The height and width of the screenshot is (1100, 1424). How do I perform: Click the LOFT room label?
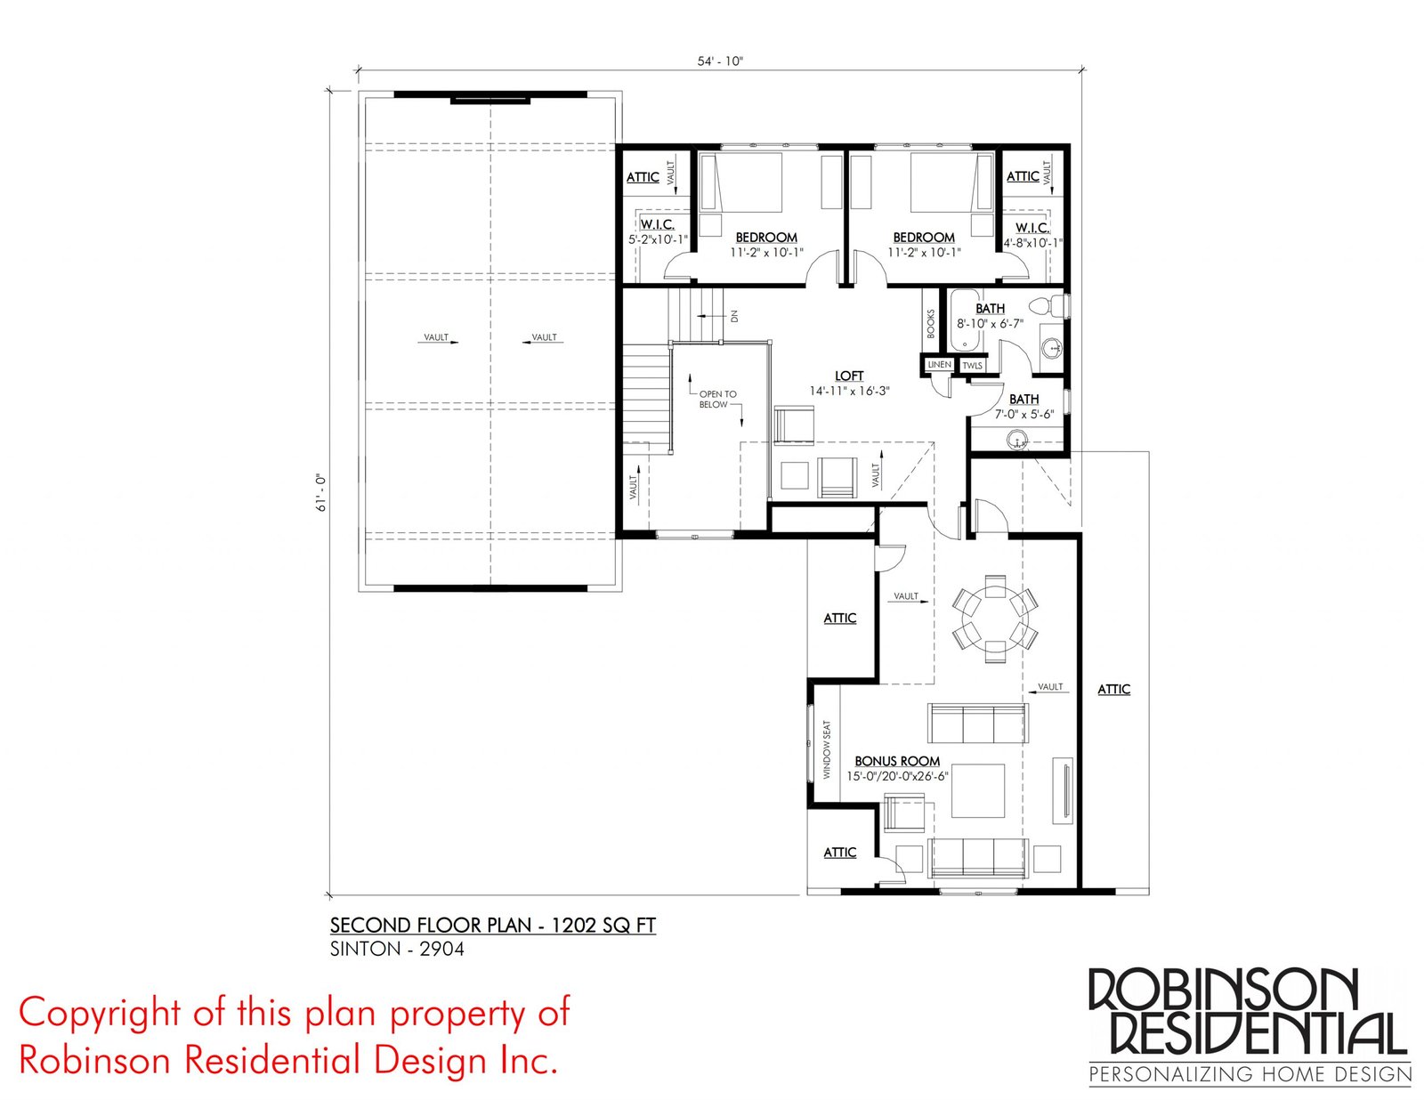849,376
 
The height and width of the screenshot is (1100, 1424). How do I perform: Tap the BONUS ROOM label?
896,761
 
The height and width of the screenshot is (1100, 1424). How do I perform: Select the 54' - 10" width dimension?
719,61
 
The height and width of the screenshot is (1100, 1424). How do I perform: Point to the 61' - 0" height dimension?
322,492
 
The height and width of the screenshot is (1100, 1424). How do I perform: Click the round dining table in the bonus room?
994,619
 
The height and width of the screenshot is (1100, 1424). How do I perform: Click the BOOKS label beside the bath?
931,324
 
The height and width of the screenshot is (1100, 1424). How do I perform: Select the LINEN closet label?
939,365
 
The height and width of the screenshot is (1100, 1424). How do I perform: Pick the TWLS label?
973,366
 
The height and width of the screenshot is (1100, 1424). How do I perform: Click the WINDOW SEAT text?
826,749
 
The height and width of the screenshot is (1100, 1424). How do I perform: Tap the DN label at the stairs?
734,317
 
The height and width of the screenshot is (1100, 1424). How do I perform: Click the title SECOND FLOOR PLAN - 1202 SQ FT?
493,925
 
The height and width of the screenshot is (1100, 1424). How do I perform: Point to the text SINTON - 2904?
397,949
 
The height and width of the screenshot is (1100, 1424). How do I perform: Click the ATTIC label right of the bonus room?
1114,689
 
